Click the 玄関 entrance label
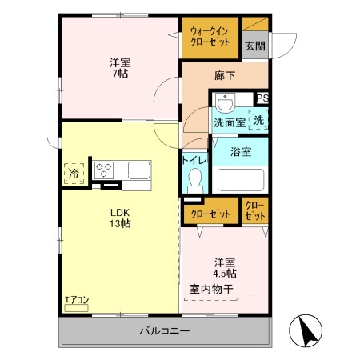click(255, 46)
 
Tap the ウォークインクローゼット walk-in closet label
click(209, 38)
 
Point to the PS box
click(262, 98)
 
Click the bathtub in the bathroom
click(240, 178)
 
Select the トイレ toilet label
click(195, 160)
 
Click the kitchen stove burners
click(106, 170)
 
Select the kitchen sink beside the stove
click(138, 170)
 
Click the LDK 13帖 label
click(120, 218)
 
